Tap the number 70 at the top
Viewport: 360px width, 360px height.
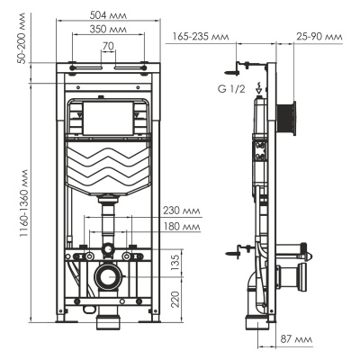click(107, 44)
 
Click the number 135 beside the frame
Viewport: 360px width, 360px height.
click(177, 261)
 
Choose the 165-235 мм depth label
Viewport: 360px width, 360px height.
click(196, 38)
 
